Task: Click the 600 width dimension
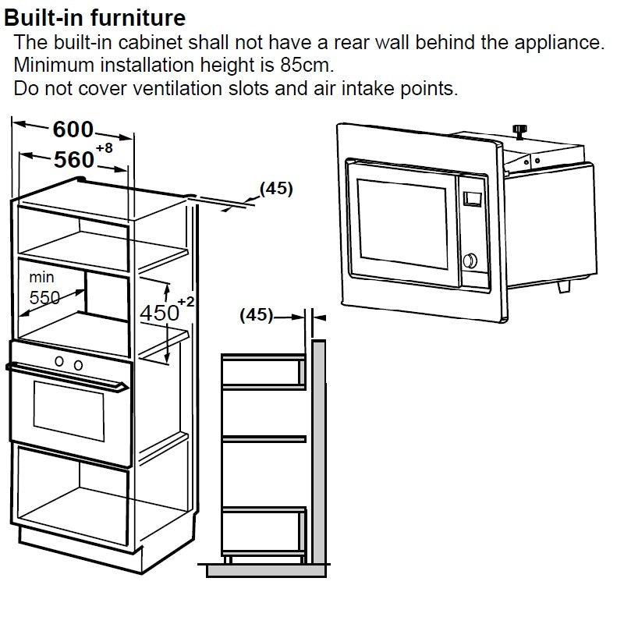[73, 129]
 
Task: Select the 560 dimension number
[74, 160]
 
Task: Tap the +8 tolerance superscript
[105, 148]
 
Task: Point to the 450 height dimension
[159, 313]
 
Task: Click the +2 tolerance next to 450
[186, 302]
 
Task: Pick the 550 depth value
[44, 297]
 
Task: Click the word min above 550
[41, 277]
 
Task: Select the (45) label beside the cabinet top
[276, 188]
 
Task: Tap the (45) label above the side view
[257, 315]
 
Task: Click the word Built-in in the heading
[44, 18]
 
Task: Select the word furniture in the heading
[138, 18]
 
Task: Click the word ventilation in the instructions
[178, 88]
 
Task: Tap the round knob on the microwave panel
[470, 261]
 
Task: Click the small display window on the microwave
[473, 199]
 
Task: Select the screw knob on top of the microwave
[519, 132]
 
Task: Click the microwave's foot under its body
[564, 285]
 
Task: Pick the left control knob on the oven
[59, 361]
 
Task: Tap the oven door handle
[67, 376]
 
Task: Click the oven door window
[69, 411]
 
